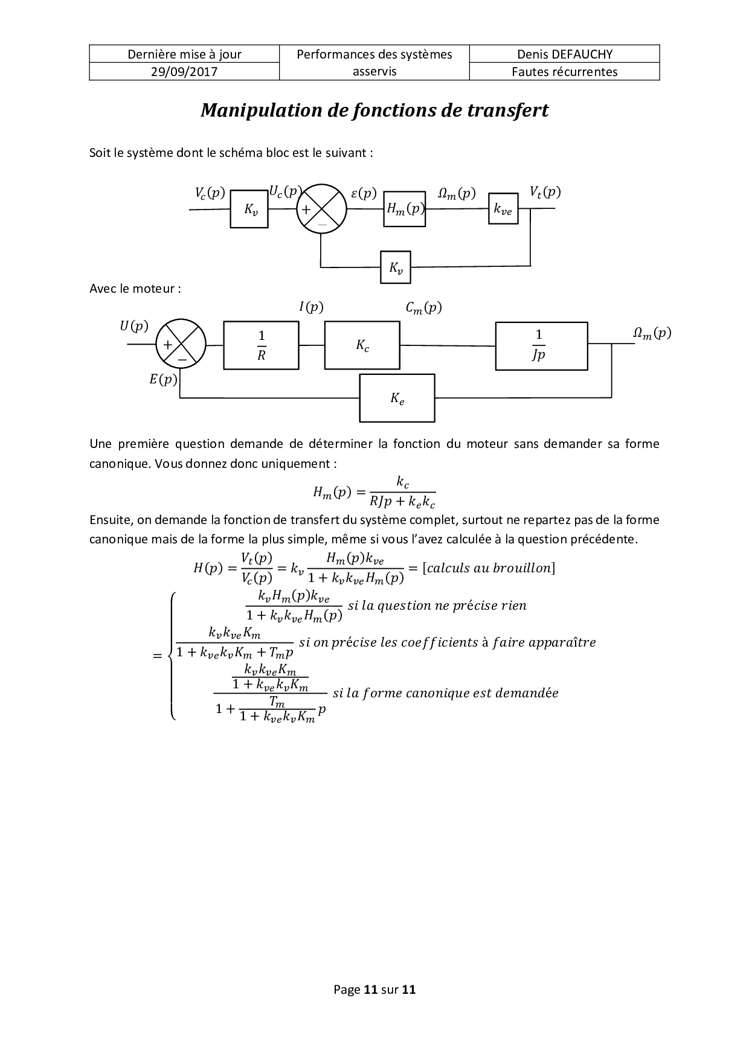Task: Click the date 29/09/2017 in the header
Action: coord(184,72)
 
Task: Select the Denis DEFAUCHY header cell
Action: coord(564,54)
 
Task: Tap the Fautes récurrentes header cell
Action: coord(564,72)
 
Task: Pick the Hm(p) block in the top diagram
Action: coord(405,210)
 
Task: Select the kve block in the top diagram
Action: coord(503,209)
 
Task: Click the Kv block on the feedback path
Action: coord(396,267)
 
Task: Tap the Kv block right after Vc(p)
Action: coord(248,210)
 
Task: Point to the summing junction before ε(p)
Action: coord(321,210)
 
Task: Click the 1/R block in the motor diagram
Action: coord(261,345)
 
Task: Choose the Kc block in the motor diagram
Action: coord(362,345)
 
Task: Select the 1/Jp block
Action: coord(541,345)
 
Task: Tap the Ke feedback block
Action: coord(397,398)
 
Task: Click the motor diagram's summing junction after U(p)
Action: coord(181,345)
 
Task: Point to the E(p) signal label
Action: coord(163,380)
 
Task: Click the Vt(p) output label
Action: coord(545,193)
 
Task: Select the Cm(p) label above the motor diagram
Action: coord(423,308)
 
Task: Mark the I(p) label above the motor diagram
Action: coord(311,307)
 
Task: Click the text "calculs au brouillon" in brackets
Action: coord(489,568)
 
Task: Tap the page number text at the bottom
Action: coord(374,990)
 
